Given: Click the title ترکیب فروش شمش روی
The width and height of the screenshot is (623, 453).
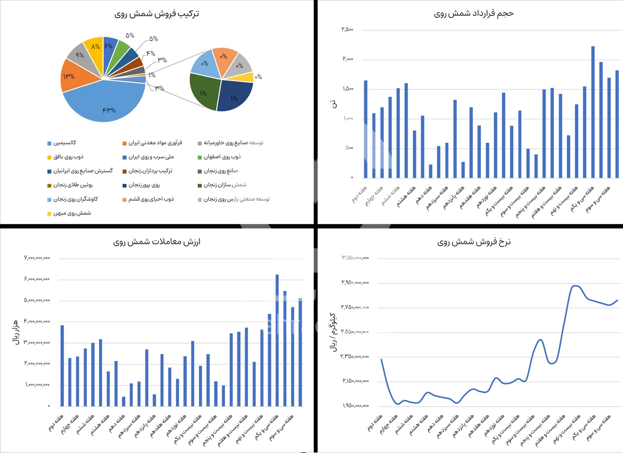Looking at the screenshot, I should point(157,14).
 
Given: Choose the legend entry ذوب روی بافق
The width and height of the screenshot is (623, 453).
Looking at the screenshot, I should point(68,157).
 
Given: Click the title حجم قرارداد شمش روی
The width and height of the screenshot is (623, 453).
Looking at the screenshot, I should point(474,14).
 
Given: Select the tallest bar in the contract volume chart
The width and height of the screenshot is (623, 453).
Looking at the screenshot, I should point(593,112).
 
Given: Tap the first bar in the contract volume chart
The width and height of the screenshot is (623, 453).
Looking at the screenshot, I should point(366,129).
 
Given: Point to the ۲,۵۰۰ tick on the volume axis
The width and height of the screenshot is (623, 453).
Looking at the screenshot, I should point(347,29).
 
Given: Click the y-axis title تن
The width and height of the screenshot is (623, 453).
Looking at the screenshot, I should point(333,104).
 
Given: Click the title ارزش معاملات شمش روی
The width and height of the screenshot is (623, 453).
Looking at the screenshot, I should point(157,242).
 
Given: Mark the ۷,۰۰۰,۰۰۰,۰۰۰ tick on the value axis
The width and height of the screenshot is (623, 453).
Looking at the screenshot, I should point(37,258).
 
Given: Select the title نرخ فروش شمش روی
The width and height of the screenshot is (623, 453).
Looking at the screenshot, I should point(474,242).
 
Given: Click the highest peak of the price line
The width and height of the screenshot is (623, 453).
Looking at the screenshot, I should point(575,285).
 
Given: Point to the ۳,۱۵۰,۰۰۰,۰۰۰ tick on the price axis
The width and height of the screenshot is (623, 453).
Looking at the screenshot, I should point(355,258).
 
